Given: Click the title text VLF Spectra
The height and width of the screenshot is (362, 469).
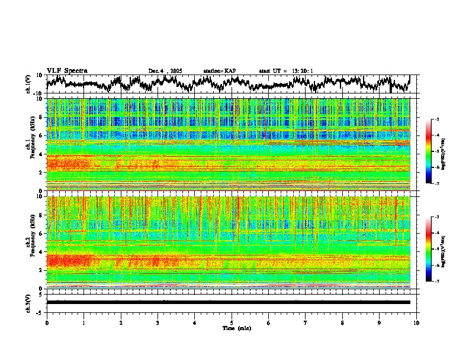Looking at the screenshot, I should pyautogui.click(x=67, y=70).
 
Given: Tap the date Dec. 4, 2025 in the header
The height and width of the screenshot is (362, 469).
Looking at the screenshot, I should pyautogui.click(x=165, y=71).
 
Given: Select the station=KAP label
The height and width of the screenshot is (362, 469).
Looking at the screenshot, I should pyautogui.click(x=220, y=71).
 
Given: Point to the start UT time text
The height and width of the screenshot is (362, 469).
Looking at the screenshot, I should pyautogui.click(x=286, y=71).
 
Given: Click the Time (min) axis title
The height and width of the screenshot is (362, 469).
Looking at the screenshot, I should pyautogui.click(x=236, y=328).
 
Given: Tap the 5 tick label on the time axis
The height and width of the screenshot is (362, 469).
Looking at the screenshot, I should pyautogui.click(x=232, y=322).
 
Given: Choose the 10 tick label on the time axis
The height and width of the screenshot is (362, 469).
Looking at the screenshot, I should pyautogui.click(x=417, y=322).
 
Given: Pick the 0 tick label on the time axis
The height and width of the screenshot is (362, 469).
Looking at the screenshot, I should pyautogui.click(x=47, y=322).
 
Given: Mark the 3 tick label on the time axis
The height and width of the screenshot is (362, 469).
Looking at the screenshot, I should pyautogui.click(x=158, y=322).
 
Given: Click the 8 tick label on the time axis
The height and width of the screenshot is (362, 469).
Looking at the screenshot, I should pyautogui.click(x=343, y=322).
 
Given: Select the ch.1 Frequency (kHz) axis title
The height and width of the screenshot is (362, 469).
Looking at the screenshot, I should pyautogui.click(x=29, y=144).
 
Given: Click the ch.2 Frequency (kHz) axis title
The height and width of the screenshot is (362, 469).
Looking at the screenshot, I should pyautogui.click(x=29, y=242).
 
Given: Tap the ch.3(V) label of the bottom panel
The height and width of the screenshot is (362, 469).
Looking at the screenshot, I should pyautogui.click(x=28, y=302).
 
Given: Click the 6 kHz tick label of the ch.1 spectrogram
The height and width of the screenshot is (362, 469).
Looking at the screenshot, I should pyautogui.click(x=41, y=135).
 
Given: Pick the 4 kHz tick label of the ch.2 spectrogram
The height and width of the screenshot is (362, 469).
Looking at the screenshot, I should pyautogui.click(x=41, y=251).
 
